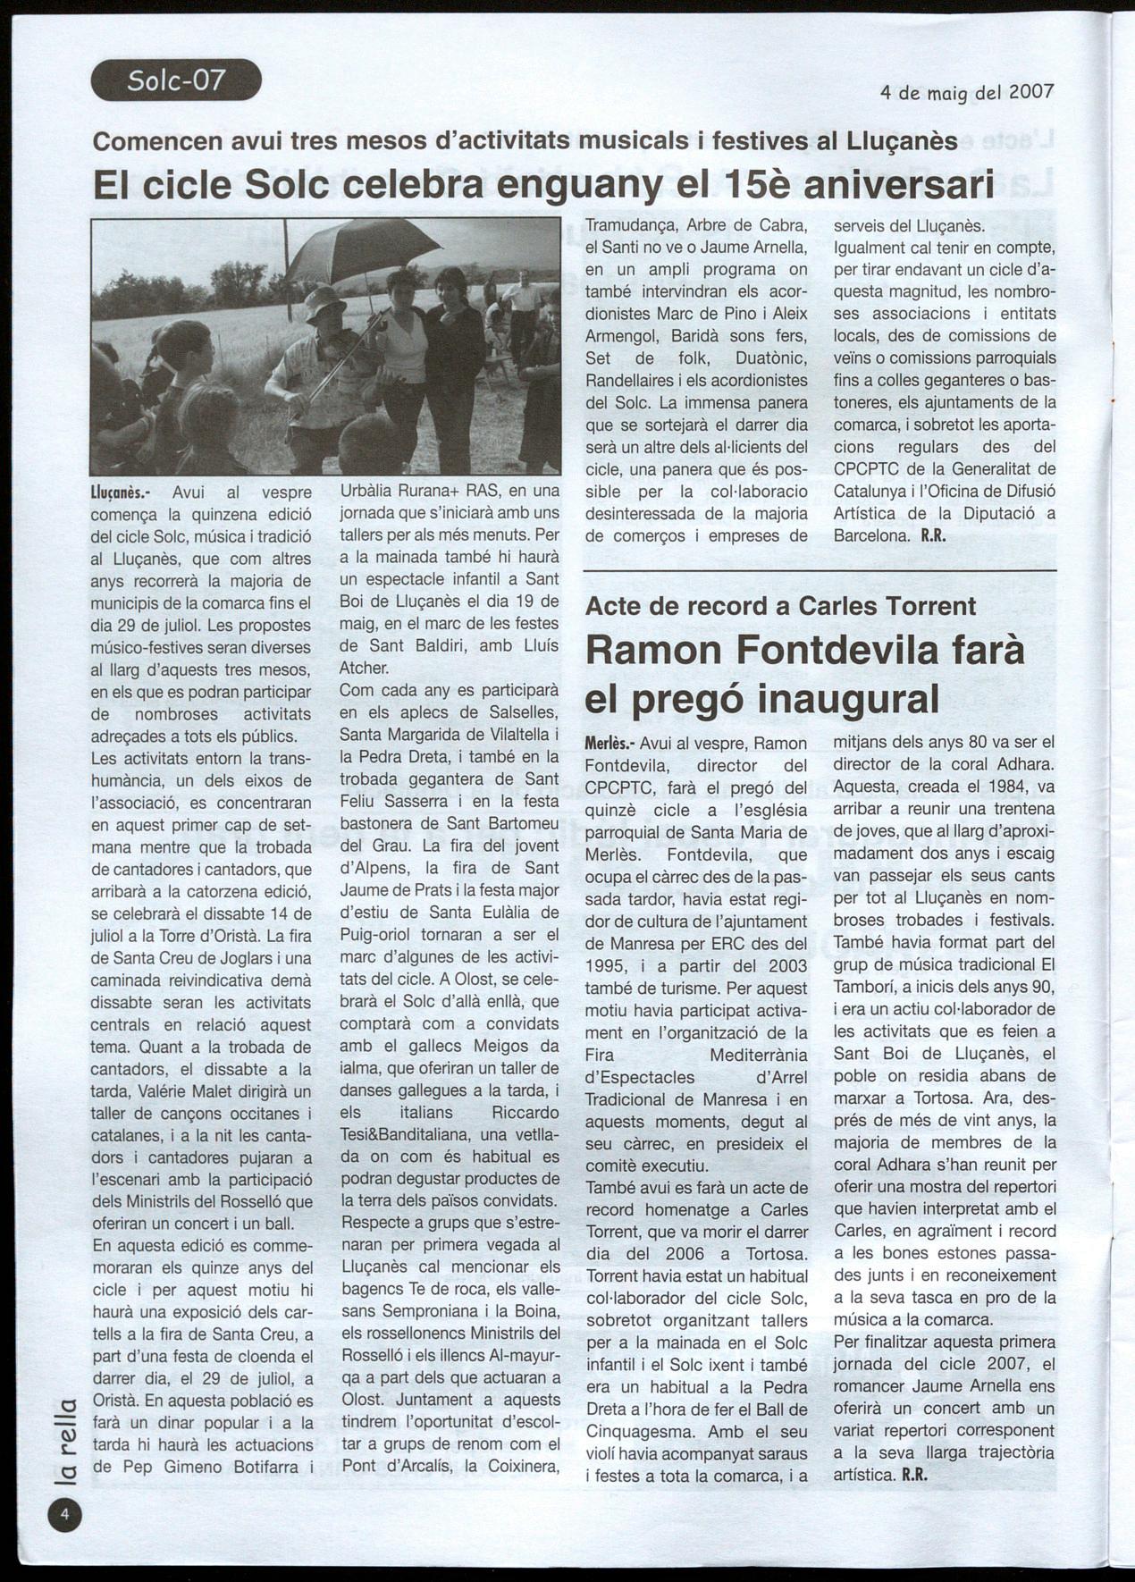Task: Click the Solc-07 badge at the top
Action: [176, 80]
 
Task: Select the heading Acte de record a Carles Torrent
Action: [780, 606]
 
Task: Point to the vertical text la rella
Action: [65, 1439]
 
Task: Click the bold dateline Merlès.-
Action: [610, 744]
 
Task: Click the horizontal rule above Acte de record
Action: [819, 570]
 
